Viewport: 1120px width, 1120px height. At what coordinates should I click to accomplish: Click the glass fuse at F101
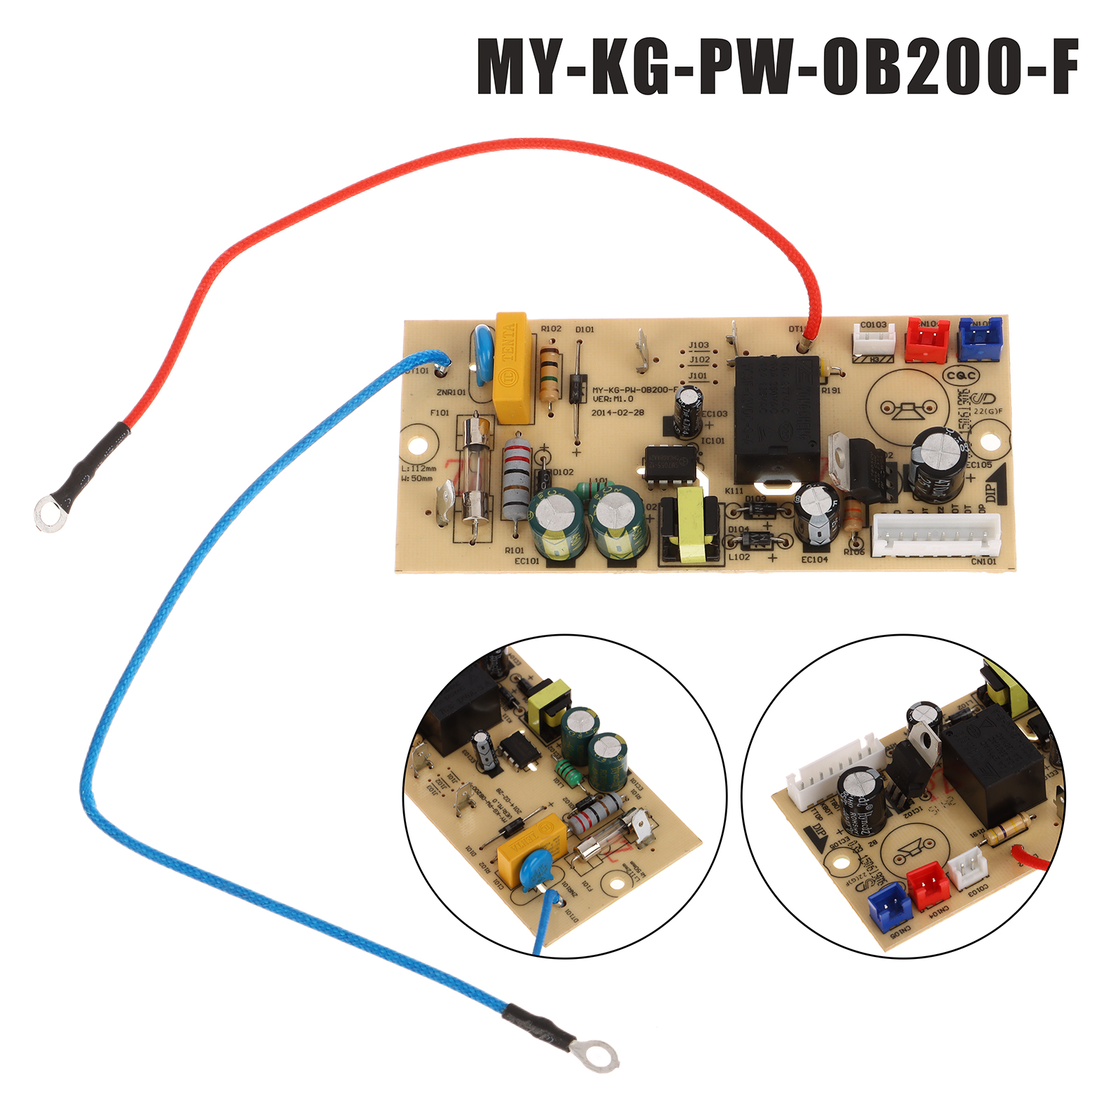[x=475, y=476]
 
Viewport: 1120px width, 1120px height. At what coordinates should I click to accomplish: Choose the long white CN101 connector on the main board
[x=936, y=535]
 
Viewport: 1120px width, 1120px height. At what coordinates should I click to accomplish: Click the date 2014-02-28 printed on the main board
[x=617, y=412]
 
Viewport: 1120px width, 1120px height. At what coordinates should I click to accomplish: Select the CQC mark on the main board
[x=961, y=376]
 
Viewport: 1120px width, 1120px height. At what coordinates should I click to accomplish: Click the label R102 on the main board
[x=551, y=328]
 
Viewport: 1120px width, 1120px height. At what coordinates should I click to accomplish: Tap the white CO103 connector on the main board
[x=874, y=340]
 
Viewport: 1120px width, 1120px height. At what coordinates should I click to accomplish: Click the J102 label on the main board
[x=699, y=360]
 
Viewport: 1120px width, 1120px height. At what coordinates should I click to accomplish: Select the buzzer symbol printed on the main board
[x=908, y=407]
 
